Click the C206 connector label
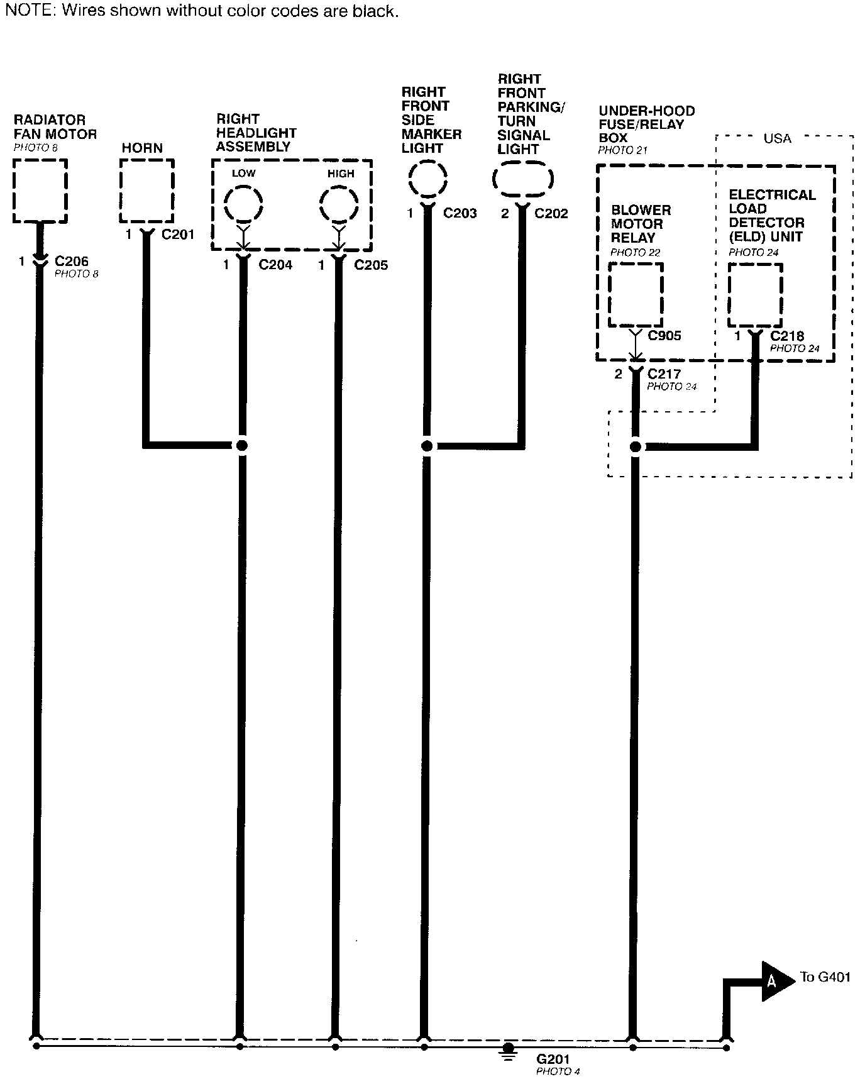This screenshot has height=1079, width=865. (x=72, y=261)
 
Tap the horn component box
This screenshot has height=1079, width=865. (x=147, y=191)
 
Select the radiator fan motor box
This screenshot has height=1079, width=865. (x=40, y=191)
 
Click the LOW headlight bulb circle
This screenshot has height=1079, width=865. (x=243, y=204)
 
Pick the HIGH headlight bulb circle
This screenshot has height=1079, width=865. (x=339, y=204)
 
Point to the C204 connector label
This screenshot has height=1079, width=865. (x=275, y=265)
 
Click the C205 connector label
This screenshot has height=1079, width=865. (x=371, y=265)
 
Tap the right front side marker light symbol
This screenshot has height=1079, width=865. (x=427, y=180)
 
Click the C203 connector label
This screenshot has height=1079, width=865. (x=460, y=213)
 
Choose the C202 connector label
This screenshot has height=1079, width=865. (x=551, y=214)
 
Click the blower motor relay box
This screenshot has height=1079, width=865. (x=636, y=295)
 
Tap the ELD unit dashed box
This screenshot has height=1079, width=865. (x=755, y=295)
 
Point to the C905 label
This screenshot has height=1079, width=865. (x=664, y=336)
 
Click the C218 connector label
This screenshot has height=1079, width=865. (x=787, y=336)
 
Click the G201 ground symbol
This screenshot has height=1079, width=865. (x=509, y=1049)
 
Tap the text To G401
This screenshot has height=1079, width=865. (x=825, y=977)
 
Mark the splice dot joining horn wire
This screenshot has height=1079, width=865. (x=241, y=446)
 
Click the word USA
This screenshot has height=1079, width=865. (x=777, y=138)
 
